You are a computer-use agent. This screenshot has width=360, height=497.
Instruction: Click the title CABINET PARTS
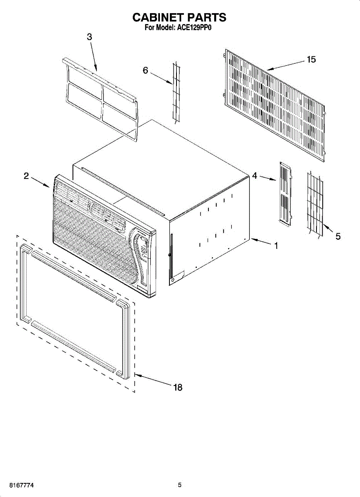pyautogui.click(x=179, y=17)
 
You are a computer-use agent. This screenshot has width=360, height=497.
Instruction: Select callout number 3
pyautogui.click(x=89, y=36)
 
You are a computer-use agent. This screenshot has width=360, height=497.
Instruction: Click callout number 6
pyautogui.click(x=145, y=70)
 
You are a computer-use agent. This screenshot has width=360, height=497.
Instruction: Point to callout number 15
pyautogui.click(x=311, y=60)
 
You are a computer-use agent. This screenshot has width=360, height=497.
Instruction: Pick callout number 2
pyautogui.click(x=26, y=176)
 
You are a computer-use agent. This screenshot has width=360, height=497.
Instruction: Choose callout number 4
pyautogui.click(x=254, y=176)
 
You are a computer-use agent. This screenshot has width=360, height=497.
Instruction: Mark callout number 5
pyautogui.click(x=338, y=236)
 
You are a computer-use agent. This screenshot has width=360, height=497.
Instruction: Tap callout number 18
pyautogui.click(x=178, y=388)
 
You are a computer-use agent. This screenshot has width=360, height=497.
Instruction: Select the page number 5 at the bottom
pyautogui.click(x=180, y=485)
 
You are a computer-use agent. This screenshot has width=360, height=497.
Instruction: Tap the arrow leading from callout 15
pyautogui.click(x=286, y=65)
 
